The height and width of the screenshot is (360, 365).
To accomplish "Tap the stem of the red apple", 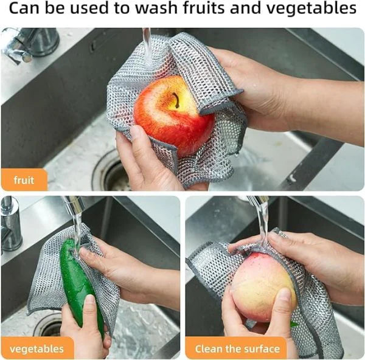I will pos(178,100).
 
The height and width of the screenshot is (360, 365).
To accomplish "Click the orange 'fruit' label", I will pos(24,180).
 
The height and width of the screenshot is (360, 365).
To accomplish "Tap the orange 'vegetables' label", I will pos(37,349).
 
